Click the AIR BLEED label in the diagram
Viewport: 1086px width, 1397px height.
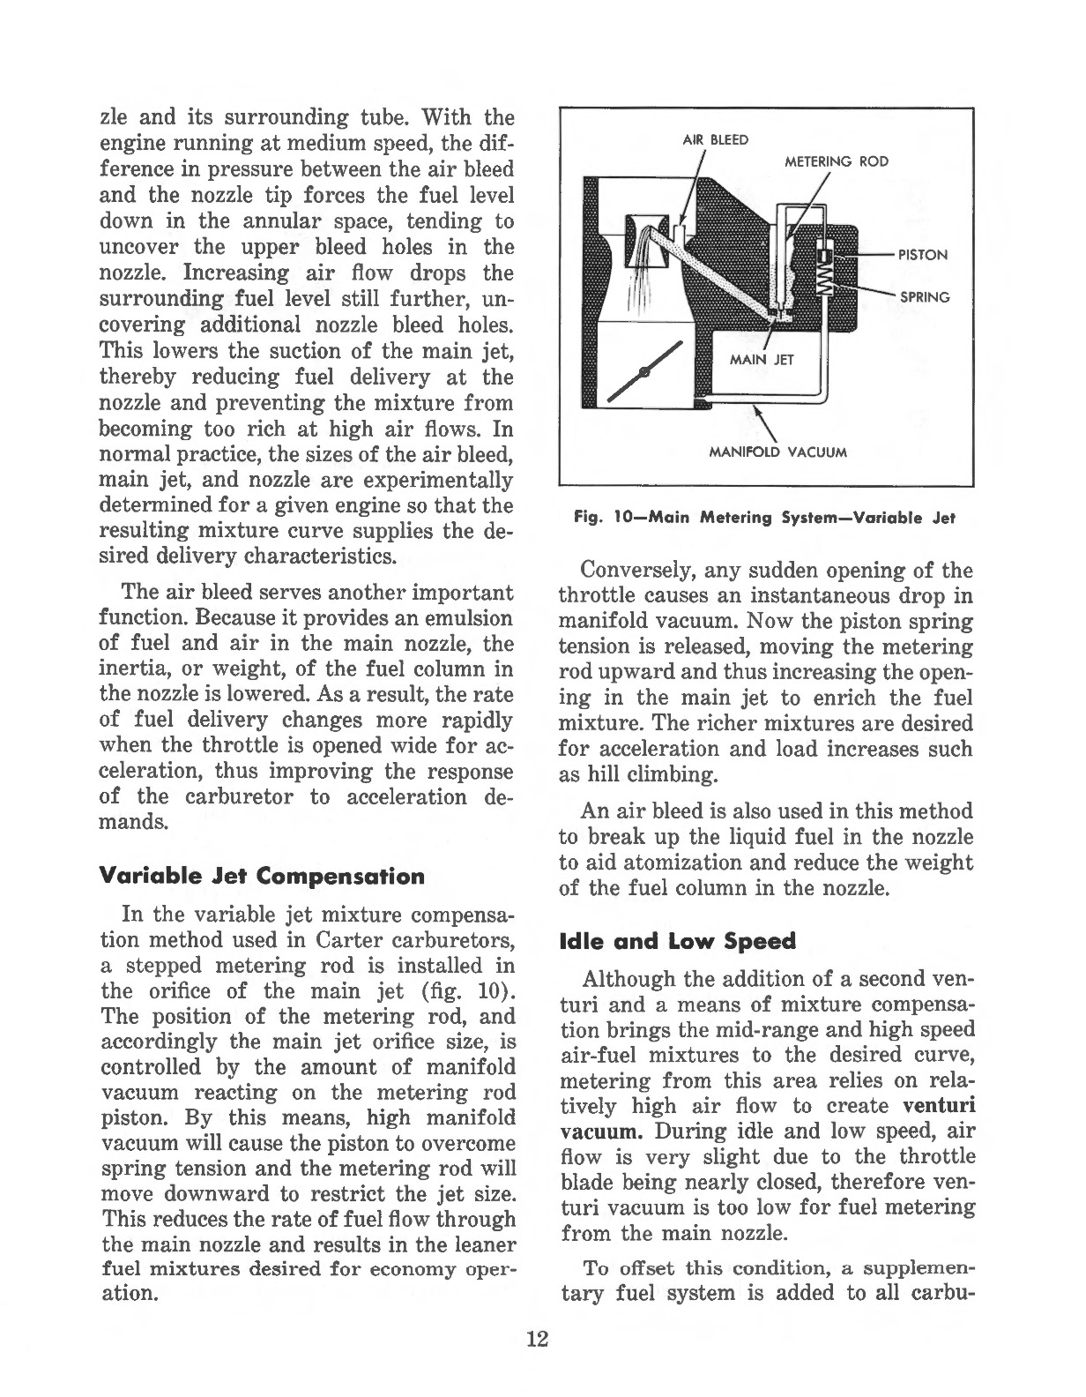716,139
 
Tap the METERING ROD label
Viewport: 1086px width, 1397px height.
836,161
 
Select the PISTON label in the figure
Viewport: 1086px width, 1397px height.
922,255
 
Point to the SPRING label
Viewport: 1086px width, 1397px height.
924,297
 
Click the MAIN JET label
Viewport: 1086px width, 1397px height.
762,360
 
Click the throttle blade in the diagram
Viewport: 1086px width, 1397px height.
648,368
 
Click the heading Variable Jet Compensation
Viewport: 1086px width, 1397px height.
263,877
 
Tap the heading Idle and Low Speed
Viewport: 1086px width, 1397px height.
677,941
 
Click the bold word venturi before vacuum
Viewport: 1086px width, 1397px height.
939,1106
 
